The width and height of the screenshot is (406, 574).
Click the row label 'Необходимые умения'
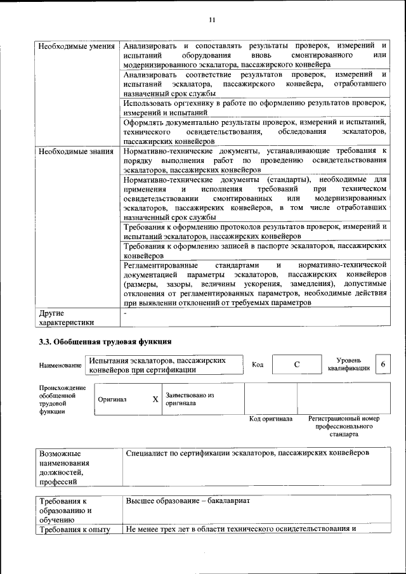76,46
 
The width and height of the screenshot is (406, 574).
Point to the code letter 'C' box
296,365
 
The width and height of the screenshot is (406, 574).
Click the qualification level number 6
383,365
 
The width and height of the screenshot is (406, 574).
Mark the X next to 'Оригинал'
155,400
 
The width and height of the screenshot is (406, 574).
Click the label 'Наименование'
60,366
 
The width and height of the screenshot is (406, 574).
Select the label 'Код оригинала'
270,419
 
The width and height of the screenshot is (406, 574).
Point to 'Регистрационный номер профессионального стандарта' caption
343,427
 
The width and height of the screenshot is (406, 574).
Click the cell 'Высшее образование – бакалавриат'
188,501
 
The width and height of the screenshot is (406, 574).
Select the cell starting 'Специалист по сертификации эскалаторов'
247,454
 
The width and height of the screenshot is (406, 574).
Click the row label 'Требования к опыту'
75,529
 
